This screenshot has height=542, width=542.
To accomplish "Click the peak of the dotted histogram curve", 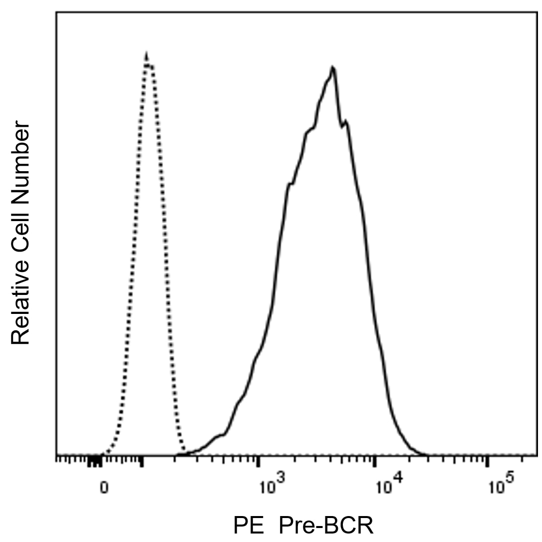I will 146,54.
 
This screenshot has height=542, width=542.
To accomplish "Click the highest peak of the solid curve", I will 333,67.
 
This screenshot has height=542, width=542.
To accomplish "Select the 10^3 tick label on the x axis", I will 271,486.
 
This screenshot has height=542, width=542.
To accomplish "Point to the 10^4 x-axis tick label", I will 388,486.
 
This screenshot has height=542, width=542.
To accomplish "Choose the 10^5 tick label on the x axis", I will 501,486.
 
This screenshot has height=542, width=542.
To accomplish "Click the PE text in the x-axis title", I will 249,526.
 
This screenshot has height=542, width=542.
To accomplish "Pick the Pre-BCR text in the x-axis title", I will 325,526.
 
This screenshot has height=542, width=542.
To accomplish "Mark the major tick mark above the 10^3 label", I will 259,461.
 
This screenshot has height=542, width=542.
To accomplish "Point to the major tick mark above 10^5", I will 488,461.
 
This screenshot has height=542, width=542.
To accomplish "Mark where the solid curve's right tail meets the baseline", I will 424,455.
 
